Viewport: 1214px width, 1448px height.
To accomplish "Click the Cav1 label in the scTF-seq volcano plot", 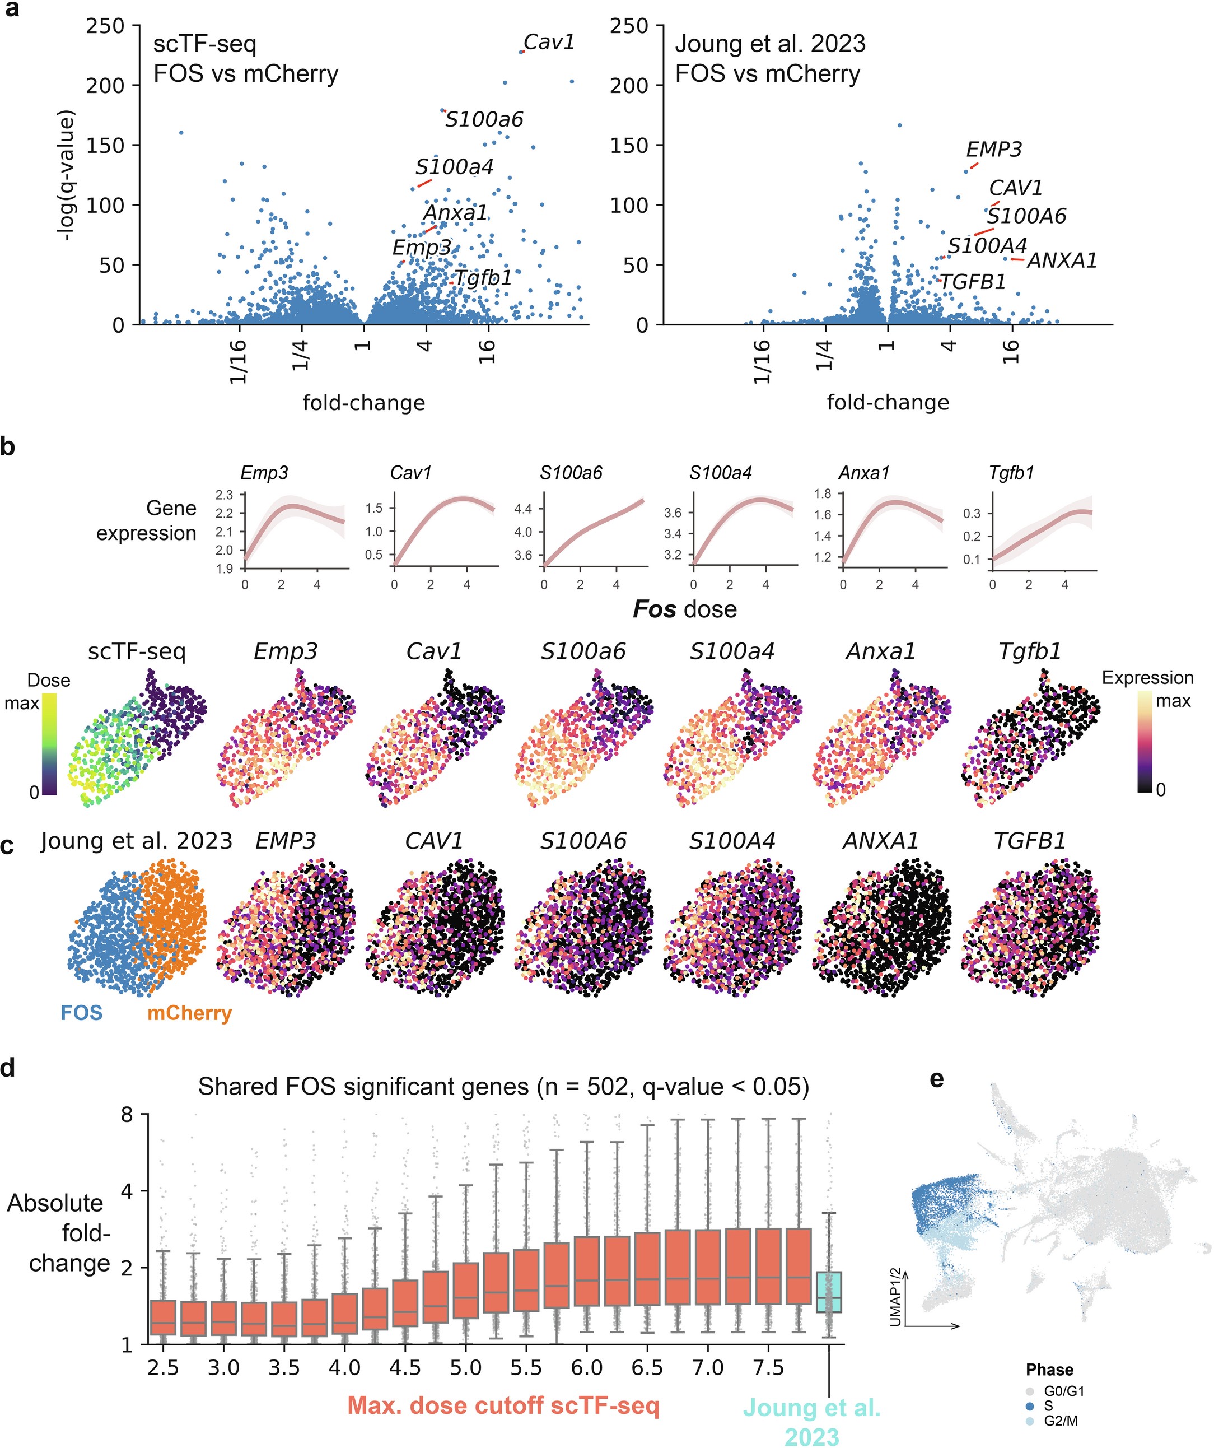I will (x=549, y=43).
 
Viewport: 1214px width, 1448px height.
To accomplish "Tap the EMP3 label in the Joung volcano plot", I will (x=993, y=150).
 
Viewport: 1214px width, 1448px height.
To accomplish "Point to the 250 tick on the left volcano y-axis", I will (x=105, y=26).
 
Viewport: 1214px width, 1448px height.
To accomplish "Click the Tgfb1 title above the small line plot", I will (x=1011, y=473).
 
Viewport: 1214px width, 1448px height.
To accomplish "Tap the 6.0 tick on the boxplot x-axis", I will (x=587, y=1367).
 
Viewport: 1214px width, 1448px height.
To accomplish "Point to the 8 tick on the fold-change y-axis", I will (x=127, y=1114).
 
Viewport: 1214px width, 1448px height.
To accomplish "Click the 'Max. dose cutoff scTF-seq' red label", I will (x=503, y=1405).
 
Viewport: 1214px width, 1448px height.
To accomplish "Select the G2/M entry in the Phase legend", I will (x=1060, y=1421).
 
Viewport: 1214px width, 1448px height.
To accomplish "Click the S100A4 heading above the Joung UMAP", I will (x=731, y=841).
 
